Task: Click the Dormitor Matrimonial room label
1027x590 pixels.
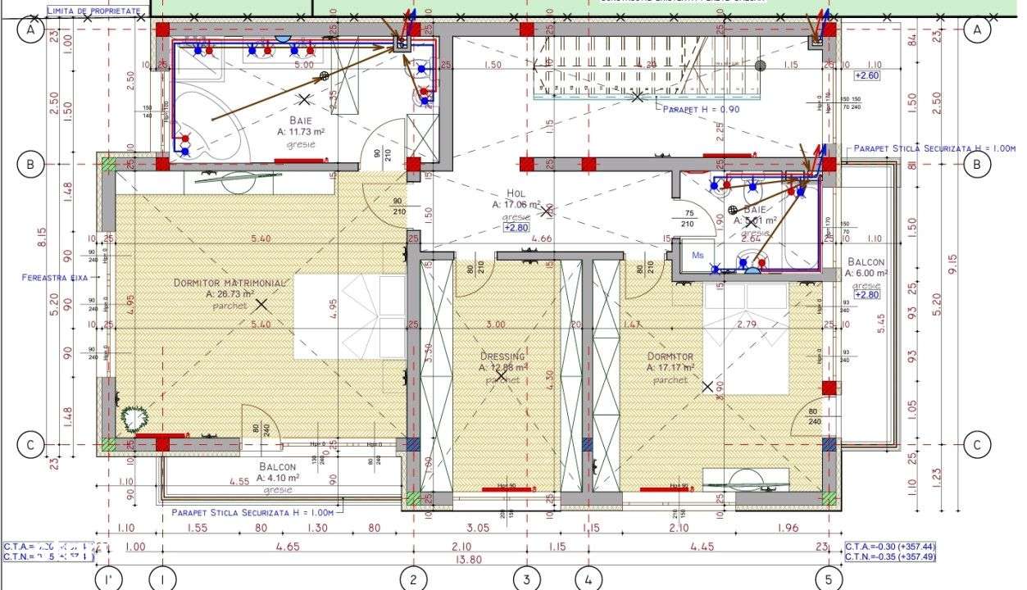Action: click(229, 283)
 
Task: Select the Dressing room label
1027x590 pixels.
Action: click(502, 356)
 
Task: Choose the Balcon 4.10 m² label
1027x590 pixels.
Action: click(277, 466)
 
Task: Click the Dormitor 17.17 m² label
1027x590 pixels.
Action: click(670, 356)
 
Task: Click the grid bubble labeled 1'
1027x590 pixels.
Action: click(108, 579)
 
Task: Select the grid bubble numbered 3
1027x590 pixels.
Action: click(526, 579)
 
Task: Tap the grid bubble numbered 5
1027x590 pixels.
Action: click(829, 579)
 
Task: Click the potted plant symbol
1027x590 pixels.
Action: click(132, 418)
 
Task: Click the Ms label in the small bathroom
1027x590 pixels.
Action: click(698, 255)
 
